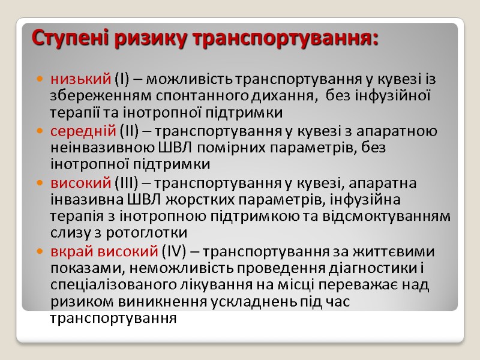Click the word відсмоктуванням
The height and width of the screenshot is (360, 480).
tap(394, 215)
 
